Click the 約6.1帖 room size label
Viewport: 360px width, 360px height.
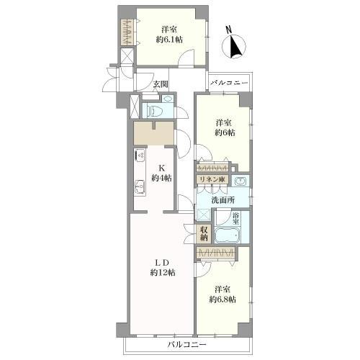click(x=169, y=40)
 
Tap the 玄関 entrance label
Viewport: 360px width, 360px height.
click(x=161, y=84)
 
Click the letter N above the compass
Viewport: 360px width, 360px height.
click(x=230, y=30)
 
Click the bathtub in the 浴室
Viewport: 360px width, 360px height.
click(x=227, y=235)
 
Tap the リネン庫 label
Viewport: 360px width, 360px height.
click(x=212, y=179)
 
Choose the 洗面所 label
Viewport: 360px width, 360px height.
click(x=223, y=200)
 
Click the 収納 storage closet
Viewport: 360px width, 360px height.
click(x=204, y=233)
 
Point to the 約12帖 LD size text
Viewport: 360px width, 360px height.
click(x=163, y=273)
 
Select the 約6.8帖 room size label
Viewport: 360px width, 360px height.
click(x=222, y=300)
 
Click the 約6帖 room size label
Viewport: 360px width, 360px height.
click(x=225, y=132)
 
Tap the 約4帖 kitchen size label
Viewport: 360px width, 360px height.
click(x=161, y=178)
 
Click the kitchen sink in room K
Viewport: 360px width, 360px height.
click(x=140, y=187)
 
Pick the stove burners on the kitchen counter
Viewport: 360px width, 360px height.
click(x=140, y=155)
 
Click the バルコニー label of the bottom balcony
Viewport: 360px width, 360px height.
click(x=186, y=345)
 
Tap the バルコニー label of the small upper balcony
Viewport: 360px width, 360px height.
click(x=229, y=83)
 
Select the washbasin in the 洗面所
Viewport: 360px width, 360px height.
click(x=240, y=181)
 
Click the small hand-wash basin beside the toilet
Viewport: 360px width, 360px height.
click(x=167, y=99)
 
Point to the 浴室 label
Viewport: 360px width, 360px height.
click(x=235, y=218)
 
